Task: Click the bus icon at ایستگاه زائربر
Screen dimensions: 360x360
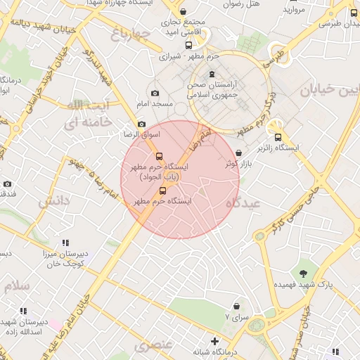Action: (278, 138)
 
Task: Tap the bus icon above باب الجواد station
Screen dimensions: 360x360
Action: (158, 157)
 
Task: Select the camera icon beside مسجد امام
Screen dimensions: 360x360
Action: (155, 94)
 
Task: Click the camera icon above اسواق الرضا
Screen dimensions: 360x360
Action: (141, 124)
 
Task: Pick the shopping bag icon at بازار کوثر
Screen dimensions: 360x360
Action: (239, 153)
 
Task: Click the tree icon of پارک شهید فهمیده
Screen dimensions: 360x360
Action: (303, 273)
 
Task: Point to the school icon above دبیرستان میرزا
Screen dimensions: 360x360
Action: (65, 243)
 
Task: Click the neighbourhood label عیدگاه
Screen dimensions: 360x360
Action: (243, 202)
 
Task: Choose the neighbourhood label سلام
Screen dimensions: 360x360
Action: (17, 286)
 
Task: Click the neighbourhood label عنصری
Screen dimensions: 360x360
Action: (153, 345)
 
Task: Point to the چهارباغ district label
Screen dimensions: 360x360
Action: (131, 33)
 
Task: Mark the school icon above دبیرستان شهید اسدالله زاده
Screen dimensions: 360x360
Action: (23, 311)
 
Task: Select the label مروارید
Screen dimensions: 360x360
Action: (294, 10)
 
